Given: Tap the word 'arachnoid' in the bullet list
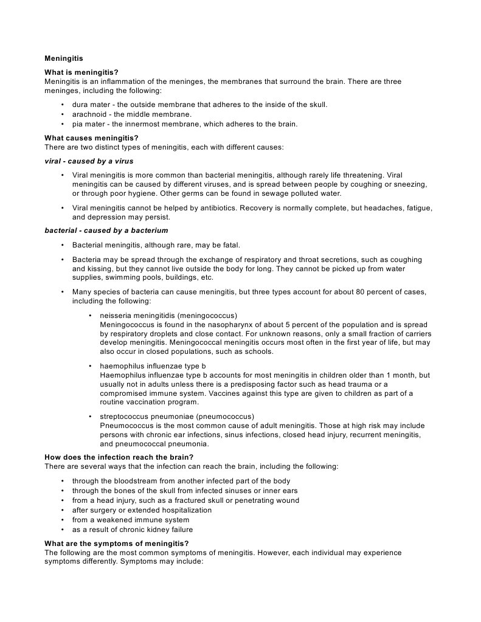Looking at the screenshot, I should pyautogui.click(x=90, y=114).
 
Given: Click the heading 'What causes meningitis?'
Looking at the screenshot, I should pyautogui.click(x=92, y=137).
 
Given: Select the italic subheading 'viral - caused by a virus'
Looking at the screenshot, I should pyautogui.click(x=89, y=161).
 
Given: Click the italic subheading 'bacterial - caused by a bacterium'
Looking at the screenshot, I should pyautogui.click(x=106, y=230).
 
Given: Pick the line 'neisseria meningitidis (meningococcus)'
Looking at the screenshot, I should pyautogui.click(x=168, y=316).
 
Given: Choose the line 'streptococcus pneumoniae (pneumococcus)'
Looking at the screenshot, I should pyautogui.click(x=177, y=416).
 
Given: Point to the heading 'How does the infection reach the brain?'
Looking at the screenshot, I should pyautogui.click(x=119, y=457).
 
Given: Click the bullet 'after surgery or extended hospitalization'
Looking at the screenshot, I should pyautogui.click(x=142, y=510).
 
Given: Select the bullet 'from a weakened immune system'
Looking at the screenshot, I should pyautogui.click(x=131, y=520).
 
